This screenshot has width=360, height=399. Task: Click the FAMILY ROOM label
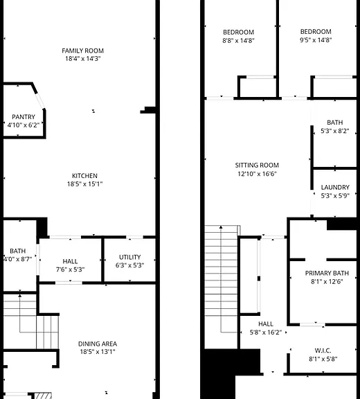click(x=82, y=51)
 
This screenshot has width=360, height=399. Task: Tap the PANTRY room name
click(x=24, y=117)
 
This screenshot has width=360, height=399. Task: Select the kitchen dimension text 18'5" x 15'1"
click(x=84, y=184)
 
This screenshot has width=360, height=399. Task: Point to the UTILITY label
click(x=130, y=257)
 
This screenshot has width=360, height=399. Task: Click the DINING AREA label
click(x=98, y=344)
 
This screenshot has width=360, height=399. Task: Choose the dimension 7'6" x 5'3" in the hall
click(x=70, y=269)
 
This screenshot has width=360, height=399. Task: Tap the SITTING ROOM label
click(x=257, y=165)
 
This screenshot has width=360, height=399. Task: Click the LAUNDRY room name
click(x=335, y=187)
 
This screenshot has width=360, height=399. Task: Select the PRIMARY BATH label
click(x=327, y=273)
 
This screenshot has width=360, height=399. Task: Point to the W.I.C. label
click(x=323, y=351)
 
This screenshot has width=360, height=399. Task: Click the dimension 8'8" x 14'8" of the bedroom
click(x=238, y=40)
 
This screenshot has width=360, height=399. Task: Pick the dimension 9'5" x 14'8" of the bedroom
click(x=316, y=40)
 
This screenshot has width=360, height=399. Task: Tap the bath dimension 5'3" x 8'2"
click(x=335, y=131)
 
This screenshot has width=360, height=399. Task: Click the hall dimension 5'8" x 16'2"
click(x=266, y=332)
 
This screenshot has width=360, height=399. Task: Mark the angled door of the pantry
click(x=40, y=101)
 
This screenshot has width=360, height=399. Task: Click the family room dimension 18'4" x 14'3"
click(x=83, y=58)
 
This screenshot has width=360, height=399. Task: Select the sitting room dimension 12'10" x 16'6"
click(x=257, y=174)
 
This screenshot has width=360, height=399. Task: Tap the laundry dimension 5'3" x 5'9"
click(x=335, y=195)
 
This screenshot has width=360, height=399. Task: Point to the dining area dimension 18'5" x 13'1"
click(x=98, y=352)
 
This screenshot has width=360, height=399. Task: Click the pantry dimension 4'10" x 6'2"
click(x=24, y=125)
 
